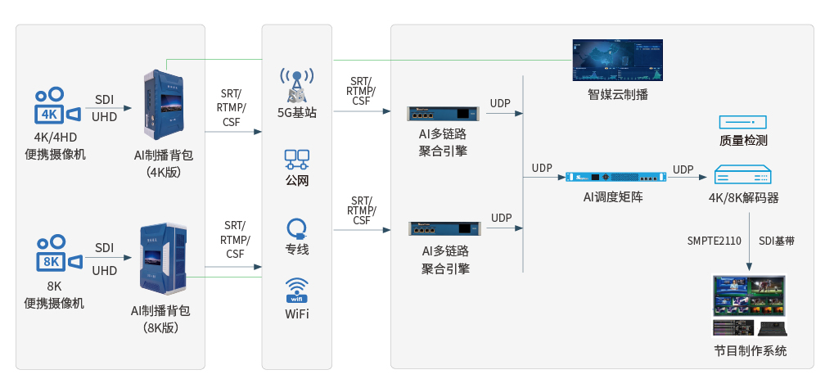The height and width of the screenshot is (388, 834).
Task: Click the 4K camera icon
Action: point(56,106)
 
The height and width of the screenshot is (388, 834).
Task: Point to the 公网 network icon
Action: point(296,157)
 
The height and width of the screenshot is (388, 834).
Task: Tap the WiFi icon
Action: point(296,291)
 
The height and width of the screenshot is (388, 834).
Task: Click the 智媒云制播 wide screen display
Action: point(618,60)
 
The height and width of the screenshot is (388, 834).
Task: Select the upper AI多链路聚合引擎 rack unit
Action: point(442,112)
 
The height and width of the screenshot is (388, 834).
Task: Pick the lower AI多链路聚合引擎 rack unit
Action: point(443,227)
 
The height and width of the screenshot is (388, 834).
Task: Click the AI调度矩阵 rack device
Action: point(613,177)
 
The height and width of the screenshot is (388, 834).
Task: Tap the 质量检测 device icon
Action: point(742,122)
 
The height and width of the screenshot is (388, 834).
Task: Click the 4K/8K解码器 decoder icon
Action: point(742,175)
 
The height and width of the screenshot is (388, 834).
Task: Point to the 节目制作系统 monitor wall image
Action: point(749,306)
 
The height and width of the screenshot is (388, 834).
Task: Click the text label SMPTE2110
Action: point(715,241)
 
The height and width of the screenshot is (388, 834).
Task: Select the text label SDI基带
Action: point(777,241)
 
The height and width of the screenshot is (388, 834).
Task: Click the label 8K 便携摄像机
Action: point(54,296)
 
